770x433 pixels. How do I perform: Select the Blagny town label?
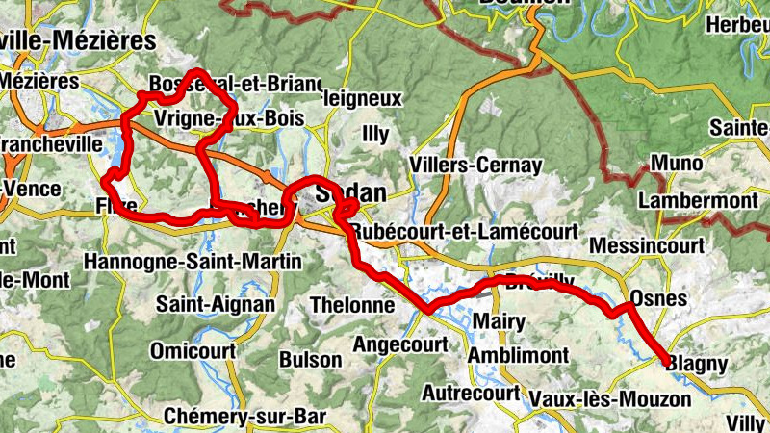697,363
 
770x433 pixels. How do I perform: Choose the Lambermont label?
697,200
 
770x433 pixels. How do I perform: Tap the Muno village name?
676,164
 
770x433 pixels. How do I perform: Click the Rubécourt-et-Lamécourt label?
464,232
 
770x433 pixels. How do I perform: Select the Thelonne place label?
353,305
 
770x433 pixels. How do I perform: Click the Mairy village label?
500,320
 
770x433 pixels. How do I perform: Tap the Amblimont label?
517,355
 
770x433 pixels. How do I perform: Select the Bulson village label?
309,360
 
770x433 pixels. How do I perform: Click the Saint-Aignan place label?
216,305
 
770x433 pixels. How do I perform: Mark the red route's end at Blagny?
666,361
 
